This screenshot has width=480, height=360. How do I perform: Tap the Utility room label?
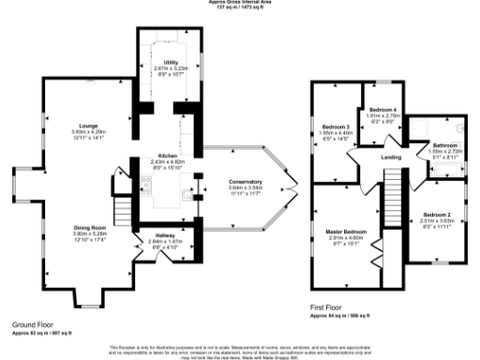point(171,62)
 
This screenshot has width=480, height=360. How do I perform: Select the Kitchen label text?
point(169,157)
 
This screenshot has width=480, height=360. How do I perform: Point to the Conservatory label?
point(245,181)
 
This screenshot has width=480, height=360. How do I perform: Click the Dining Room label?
point(91,227)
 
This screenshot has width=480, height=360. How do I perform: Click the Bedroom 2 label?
point(437,215)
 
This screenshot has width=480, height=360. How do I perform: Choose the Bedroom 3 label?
point(335,127)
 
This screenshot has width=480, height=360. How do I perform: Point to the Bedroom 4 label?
point(382,110)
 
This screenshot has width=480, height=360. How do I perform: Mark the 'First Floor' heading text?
point(327,307)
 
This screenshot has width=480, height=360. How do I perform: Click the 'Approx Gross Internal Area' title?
point(241,2)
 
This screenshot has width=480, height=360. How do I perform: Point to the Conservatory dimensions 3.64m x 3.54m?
point(245,187)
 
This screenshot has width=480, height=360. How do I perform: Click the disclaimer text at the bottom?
point(241,349)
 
